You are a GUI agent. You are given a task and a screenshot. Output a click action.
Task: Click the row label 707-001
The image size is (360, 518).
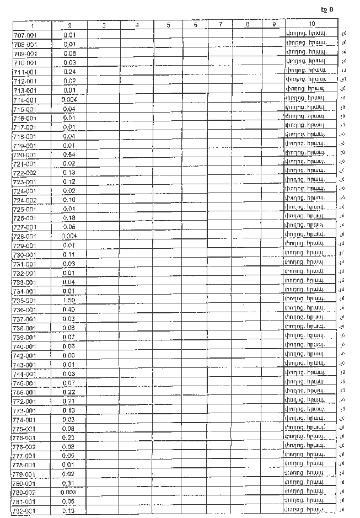pyautogui.click(x=25, y=35)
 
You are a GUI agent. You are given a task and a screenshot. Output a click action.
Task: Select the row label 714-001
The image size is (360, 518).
pyautogui.click(x=25, y=100)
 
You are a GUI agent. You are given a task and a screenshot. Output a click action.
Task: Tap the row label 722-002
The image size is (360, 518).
pyautogui.click(x=25, y=173)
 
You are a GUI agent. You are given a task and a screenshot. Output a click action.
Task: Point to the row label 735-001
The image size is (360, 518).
pyautogui.click(x=25, y=301)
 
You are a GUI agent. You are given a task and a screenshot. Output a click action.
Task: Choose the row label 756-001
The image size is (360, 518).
pyautogui.click(x=25, y=392)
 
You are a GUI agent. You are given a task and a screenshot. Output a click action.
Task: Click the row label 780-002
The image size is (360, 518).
pyautogui.click(x=25, y=492)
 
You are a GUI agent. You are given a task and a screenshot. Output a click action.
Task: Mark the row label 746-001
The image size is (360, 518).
pyautogui.click(x=25, y=383)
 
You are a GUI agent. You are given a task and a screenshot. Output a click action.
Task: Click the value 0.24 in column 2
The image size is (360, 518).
pyautogui.click(x=69, y=71)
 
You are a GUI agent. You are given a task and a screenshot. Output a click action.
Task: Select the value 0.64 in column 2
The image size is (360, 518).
pyautogui.click(x=69, y=154)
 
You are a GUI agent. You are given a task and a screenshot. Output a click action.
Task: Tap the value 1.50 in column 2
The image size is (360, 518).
pyautogui.click(x=69, y=301)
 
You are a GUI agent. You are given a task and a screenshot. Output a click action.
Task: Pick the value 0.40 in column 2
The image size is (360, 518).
pyautogui.click(x=69, y=309)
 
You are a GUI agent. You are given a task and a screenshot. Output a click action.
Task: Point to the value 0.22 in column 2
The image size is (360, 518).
pyautogui.click(x=69, y=392)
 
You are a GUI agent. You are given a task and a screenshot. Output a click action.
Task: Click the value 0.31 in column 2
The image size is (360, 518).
pyautogui.click(x=69, y=483)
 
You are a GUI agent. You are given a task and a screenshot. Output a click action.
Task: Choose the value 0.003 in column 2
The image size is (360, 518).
pyautogui.click(x=69, y=492)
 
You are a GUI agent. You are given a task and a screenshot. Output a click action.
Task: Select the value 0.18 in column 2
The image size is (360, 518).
pyautogui.click(x=69, y=218)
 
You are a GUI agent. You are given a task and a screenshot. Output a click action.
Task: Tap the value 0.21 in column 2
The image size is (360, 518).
pyautogui.click(x=69, y=401)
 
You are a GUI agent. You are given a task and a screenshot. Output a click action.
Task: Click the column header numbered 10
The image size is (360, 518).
pyautogui.click(x=312, y=25)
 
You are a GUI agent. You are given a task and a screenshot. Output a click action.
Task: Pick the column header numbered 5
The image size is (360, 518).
pyautogui.click(x=168, y=25)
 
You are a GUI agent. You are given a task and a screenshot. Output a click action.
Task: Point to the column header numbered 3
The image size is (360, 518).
pyautogui.click(x=104, y=25)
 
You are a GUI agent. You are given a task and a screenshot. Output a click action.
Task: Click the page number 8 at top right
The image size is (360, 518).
pyautogui.click(x=331, y=9)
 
